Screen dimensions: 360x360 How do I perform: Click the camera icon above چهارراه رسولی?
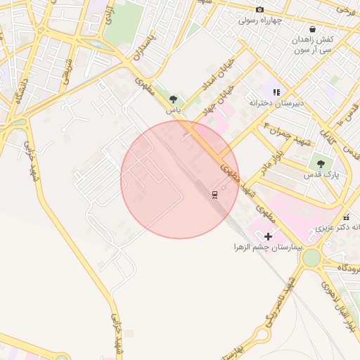259,9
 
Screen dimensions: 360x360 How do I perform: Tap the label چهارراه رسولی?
259,20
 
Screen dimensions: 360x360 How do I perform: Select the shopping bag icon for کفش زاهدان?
312,29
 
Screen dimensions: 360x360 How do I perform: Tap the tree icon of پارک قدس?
321,164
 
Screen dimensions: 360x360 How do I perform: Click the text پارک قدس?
324,174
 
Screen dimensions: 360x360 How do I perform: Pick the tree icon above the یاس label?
173,99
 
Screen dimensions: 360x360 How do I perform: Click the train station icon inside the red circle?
214,195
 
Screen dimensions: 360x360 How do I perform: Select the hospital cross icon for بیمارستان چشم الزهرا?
268,236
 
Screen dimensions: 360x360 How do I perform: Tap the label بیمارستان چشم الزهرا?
266,247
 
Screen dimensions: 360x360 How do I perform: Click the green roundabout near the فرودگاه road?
310,258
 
